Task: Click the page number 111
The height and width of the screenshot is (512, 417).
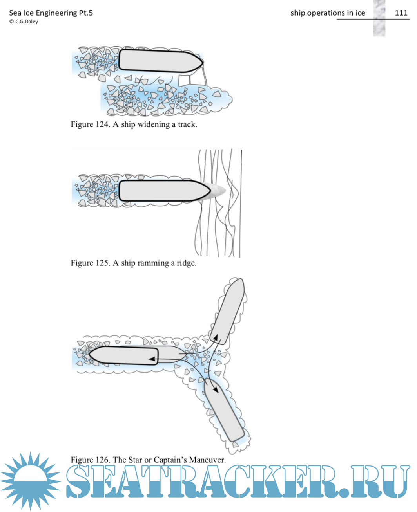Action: click(401, 13)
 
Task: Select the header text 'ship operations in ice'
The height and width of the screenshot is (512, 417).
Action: click(328, 13)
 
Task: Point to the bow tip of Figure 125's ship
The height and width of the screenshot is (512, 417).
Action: click(210, 191)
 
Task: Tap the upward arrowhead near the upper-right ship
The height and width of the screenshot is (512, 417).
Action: click(215, 336)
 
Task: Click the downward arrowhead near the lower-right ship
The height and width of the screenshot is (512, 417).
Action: click(215, 390)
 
